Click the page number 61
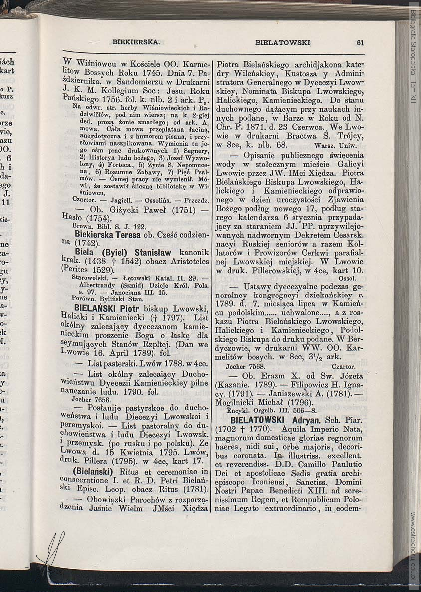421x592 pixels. point(360,43)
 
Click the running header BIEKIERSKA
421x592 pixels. point(136,43)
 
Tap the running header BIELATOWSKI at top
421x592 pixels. point(282,43)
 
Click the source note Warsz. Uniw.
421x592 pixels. point(336,146)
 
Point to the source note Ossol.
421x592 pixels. point(346,278)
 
